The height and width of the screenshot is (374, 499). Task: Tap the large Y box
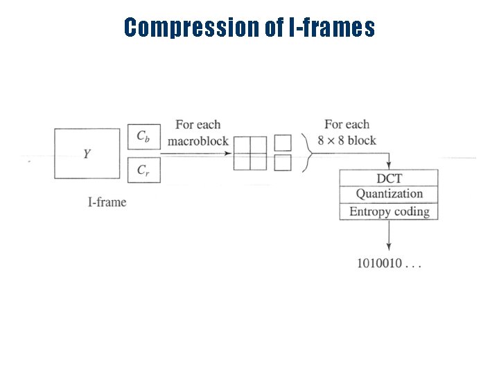pyautogui.click(x=87, y=153)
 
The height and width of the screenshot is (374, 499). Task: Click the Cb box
pyautogui.click(x=143, y=136)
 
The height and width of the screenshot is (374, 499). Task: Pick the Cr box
pyautogui.click(x=143, y=170)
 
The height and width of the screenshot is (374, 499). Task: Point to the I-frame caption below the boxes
pyautogui.click(x=107, y=202)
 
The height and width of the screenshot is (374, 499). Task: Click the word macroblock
pyautogui.click(x=198, y=141)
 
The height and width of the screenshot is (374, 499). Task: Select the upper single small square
pyautogui.click(x=282, y=143)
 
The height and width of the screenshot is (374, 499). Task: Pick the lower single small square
pyautogui.click(x=282, y=163)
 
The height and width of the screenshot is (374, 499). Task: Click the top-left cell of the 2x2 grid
pyautogui.click(x=242, y=144)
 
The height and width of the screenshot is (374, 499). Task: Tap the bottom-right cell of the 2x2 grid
pyautogui.click(x=258, y=161)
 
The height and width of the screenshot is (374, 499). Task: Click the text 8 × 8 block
pyautogui.click(x=347, y=141)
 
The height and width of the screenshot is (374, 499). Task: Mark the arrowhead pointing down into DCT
pyautogui.click(x=389, y=166)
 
